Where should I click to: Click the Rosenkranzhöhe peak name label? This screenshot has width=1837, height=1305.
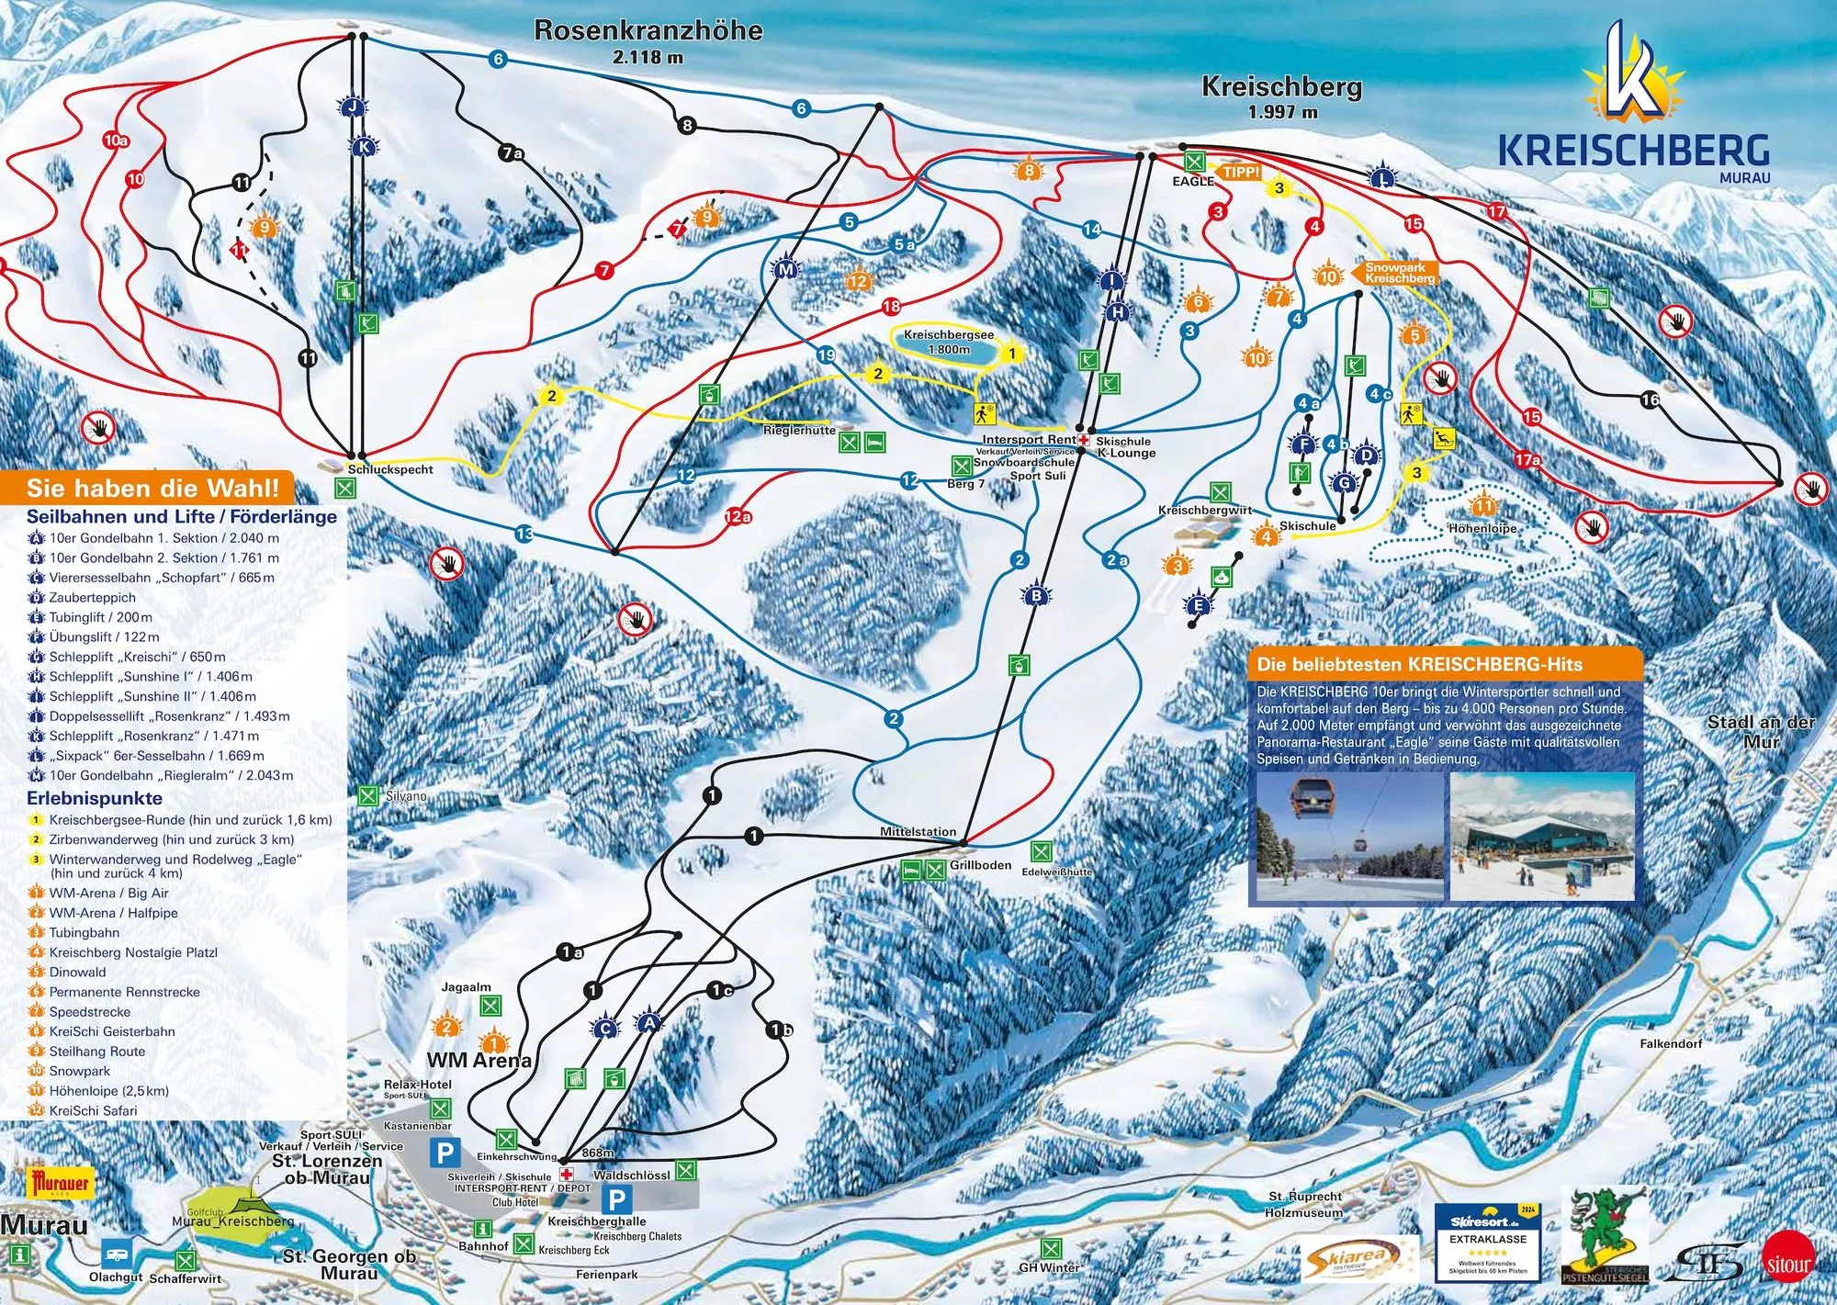[x=648, y=31]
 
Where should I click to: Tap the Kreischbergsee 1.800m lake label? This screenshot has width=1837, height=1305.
[x=948, y=342]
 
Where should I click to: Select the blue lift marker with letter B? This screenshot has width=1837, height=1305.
[x=1036, y=596]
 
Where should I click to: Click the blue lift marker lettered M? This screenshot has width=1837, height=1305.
[x=785, y=270]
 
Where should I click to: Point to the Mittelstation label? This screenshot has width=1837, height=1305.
[x=918, y=832]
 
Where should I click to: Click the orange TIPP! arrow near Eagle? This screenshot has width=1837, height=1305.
[x=1238, y=173]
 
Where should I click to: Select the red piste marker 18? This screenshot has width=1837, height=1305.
[x=891, y=306]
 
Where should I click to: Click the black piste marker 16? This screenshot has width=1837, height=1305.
[x=1650, y=399]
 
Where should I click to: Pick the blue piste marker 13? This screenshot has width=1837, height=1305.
[x=524, y=534]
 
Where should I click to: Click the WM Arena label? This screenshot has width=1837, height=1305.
[x=479, y=1061]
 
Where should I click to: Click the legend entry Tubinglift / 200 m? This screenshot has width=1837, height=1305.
[x=100, y=617]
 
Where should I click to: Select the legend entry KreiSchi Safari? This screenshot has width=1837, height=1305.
[x=93, y=1110]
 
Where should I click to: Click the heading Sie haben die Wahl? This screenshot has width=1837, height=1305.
[x=152, y=488]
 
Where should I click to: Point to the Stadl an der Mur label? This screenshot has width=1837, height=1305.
[x=1761, y=731]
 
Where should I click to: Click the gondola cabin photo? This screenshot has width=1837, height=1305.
[x=1349, y=837]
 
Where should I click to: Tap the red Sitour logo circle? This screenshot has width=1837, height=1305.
[x=1788, y=1265]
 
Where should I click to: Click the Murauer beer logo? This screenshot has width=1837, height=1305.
[x=61, y=1184]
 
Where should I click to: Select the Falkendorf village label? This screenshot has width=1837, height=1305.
[x=1671, y=1043]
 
